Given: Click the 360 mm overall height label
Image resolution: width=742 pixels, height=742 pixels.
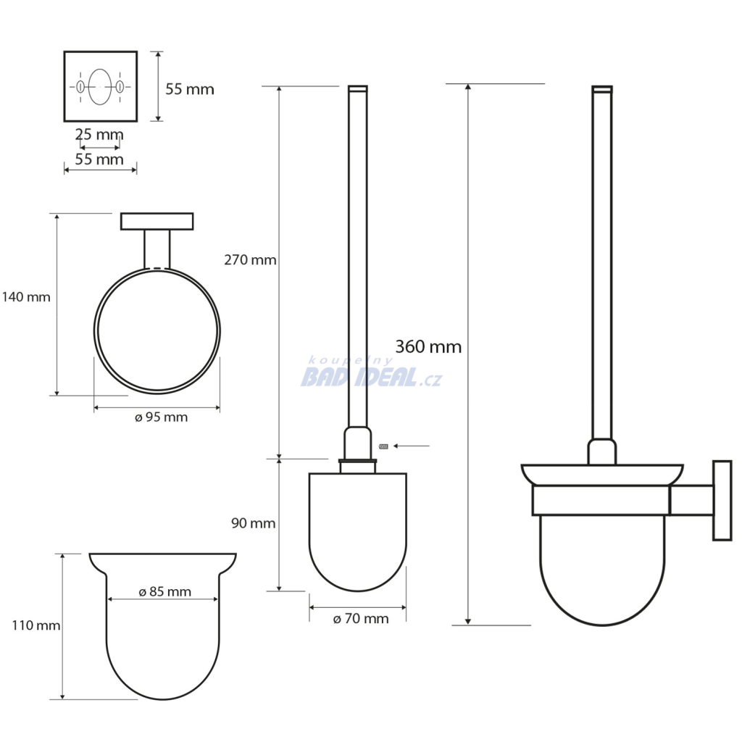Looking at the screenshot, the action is tap(428, 347).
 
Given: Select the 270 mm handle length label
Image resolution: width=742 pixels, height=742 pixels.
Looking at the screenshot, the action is tap(250, 260).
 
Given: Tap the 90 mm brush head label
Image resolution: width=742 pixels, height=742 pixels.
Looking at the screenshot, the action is tap(253, 523).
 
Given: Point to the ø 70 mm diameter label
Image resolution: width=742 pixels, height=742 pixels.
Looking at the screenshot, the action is tap(361, 619).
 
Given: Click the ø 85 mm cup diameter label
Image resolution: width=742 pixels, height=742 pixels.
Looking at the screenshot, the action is tap(164, 591).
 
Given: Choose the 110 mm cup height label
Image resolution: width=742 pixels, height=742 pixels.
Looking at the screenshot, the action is tap(36, 625).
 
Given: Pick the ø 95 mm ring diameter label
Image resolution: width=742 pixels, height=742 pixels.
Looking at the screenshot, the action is tap(161, 417).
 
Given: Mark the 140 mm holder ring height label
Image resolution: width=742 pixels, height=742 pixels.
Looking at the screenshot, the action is tap(26, 297).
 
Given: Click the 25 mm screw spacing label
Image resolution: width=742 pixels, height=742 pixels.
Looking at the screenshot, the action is tap(99, 134).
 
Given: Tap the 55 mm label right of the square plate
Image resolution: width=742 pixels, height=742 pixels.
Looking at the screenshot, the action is tap(190, 89).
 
